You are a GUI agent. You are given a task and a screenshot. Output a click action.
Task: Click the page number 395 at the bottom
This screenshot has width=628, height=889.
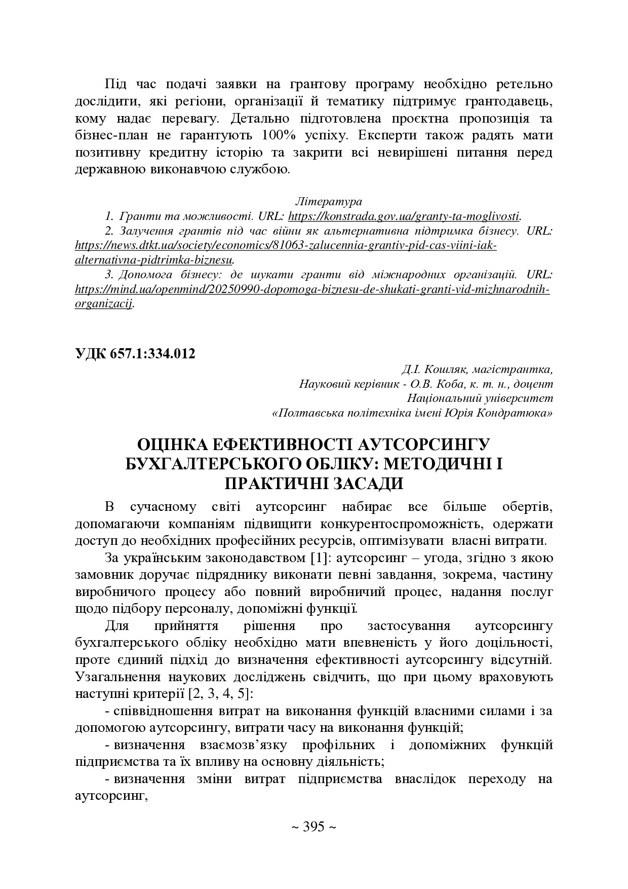[x=313, y=827]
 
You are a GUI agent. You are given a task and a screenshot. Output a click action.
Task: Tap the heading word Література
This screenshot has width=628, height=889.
[x=328, y=201]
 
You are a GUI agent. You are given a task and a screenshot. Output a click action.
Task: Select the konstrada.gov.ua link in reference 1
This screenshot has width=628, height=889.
[x=404, y=216]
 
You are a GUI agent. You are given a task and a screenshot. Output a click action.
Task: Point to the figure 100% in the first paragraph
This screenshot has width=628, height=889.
[x=277, y=136]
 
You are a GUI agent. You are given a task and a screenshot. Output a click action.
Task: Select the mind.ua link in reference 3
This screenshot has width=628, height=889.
[x=312, y=289]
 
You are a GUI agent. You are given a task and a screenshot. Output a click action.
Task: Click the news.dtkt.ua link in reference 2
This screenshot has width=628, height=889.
[x=285, y=246]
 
